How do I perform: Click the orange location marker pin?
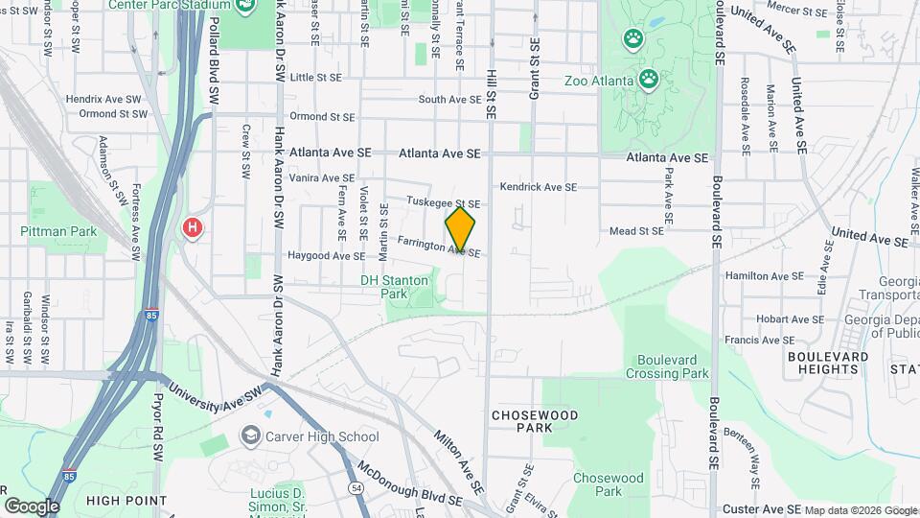(460, 229)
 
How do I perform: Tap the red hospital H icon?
(193, 228)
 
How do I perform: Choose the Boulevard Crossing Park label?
(667, 366)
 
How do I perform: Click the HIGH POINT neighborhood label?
(126, 500)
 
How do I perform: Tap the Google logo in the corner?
(32, 506)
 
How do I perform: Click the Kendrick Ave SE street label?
(538, 187)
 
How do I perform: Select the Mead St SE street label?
(637, 230)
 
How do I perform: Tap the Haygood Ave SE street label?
(326, 256)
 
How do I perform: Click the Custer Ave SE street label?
(761, 508)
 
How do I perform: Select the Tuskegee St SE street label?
(443, 202)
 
